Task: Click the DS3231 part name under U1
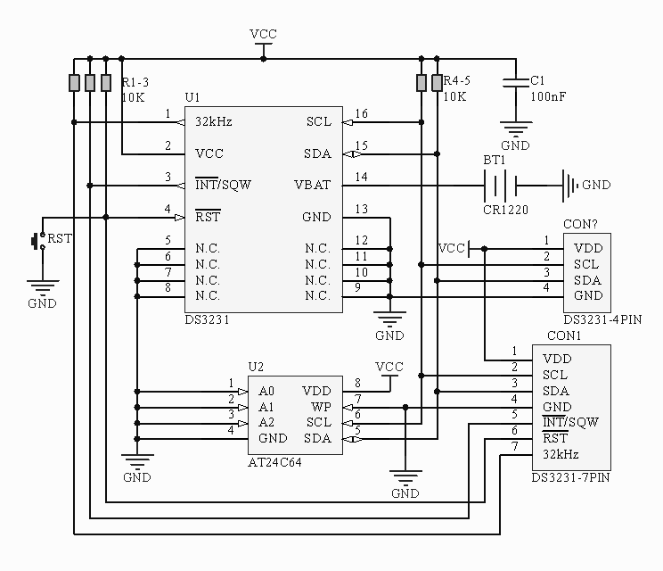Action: [207, 319]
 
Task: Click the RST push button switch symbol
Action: [38, 241]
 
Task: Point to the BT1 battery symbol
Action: [500, 186]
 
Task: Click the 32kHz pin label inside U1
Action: [214, 121]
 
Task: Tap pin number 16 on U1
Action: [361, 114]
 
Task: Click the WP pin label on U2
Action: [321, 407]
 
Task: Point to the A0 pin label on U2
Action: [266, 391]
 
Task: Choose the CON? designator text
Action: [580, 224]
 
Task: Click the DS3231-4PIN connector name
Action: [602, 319]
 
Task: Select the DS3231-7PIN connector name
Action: [570, 478]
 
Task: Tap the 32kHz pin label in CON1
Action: [561, 454]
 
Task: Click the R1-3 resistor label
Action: [136, 80]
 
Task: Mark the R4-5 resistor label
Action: [456, 80]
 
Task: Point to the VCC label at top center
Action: [263, 34]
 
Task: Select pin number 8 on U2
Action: [357, 384]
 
